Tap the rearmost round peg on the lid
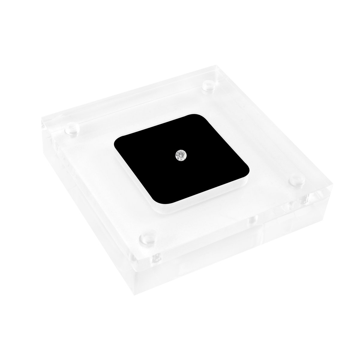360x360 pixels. click(208, 86)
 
